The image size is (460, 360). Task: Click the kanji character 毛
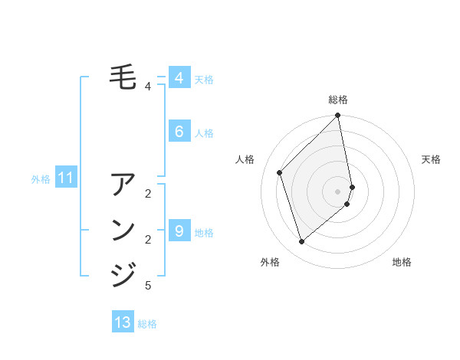tap(123, 77)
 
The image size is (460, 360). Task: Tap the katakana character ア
tap(123, 185)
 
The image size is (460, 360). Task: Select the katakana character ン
tap(123, 231)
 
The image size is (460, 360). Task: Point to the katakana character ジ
tap(123, 274)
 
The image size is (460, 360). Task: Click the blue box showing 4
tap(179, 78)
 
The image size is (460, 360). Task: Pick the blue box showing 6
tap(179, 132)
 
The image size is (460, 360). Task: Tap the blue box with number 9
tap(179, 231)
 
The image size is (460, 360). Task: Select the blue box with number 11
tap(65, 178)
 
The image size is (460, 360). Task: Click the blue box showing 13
tap(123, 322)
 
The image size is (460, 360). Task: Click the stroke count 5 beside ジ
tap(148, 286)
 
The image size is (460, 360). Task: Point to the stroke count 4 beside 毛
tap(148, 87)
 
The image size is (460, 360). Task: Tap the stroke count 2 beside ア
tap(148, 193)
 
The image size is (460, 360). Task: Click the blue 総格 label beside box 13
tap(147, 324)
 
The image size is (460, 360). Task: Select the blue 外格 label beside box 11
tap(41, 179)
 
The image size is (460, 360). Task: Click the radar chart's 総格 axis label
tap(338, 100)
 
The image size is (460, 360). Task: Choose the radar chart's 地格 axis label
tap(402, 262)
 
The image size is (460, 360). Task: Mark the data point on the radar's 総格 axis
tap(338, 116)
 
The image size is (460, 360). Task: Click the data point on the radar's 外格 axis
tap(301, 241)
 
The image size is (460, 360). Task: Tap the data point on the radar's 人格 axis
tap(280, 172)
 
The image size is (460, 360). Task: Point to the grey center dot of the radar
tap(338, 191)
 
